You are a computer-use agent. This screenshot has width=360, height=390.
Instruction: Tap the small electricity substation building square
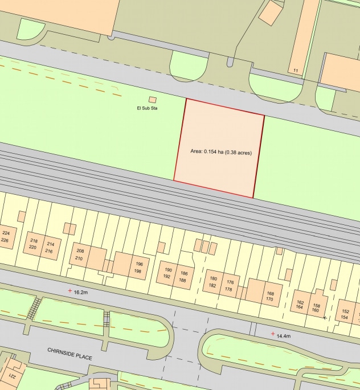(x=152, y=100)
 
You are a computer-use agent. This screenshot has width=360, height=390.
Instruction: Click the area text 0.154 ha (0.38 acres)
(x=221, y=152)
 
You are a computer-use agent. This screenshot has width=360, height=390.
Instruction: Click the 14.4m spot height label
(x=284, y=336)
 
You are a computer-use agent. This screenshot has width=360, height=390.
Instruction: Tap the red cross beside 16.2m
(x=70, y=291)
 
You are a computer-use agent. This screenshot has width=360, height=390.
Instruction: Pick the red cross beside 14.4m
(x=273, y=334)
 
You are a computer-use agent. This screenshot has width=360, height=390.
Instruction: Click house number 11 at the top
(x=296, y=71)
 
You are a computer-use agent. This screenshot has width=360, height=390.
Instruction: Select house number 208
(x=80, y=251)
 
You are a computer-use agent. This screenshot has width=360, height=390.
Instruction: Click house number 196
(x=139, y=264)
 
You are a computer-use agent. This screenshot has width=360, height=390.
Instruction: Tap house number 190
(x=167, y=270)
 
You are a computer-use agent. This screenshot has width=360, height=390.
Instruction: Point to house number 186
(x=183, y=273)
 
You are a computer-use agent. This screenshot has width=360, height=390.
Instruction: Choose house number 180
(x=214, y=278)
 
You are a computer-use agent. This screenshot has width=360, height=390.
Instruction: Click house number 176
(x=230, y=282)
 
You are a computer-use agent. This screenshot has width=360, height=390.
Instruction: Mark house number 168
(x=269, y=293)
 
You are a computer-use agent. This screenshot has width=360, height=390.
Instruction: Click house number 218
(x=34, y=241)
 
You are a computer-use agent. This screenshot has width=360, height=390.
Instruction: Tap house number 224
(x=6, y=233)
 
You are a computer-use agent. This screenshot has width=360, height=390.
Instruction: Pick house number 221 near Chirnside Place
(x=11, y=377)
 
